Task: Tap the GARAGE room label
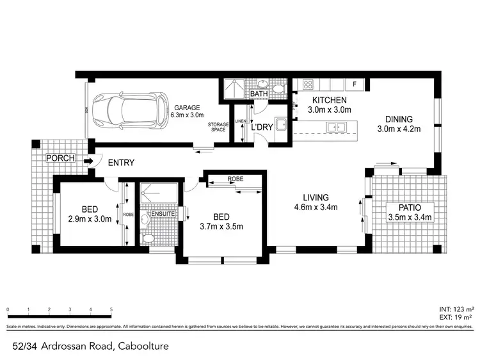(x=187, y=108)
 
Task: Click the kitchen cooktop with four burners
(x=307, y=85)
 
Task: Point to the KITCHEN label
(x=329, y=101)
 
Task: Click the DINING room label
(x=399, y=119)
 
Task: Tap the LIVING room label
(x=316, y=197)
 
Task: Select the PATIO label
(x=410, y=207)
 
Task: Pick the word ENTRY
(x=120, y=163)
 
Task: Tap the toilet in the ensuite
(x=148, y=239)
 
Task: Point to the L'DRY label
(x=262, y=127)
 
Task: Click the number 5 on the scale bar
(x=111, y=309)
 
